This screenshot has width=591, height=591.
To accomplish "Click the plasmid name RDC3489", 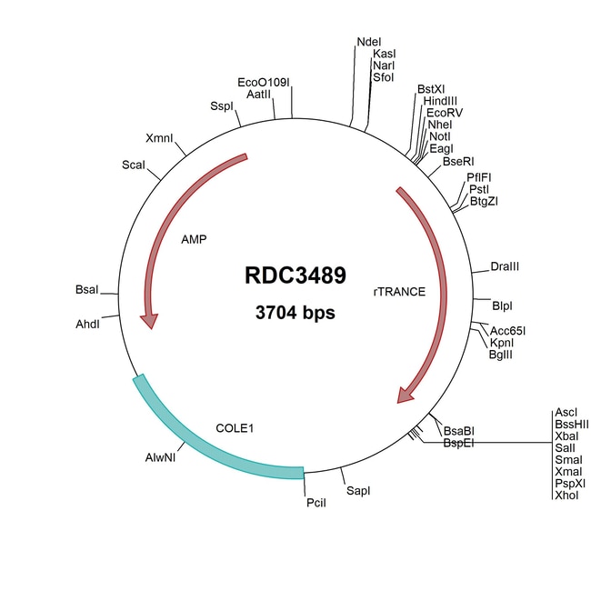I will (295, 276).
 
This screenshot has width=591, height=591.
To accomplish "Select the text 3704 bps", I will (295, 314).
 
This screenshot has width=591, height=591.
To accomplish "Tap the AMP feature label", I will (194, 240).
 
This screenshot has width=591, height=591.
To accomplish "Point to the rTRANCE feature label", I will (400, 293).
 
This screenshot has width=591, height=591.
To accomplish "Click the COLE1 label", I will (234, 426).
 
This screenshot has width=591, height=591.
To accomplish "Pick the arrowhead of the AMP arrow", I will (147, 321).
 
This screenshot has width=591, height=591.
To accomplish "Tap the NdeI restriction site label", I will (369, 42).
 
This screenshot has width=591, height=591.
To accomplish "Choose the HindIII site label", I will (441, 101).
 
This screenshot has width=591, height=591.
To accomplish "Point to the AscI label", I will (566, 412).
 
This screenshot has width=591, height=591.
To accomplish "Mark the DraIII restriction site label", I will (505, 266).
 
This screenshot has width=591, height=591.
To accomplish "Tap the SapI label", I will (358, 490).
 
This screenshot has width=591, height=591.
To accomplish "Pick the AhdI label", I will (87, 322).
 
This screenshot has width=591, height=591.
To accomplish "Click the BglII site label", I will (503, 355).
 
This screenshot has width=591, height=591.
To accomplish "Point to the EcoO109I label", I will (263, 82).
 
